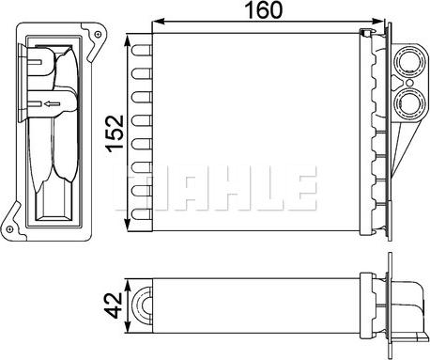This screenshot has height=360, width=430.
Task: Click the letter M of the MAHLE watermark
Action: [x=134, y=186]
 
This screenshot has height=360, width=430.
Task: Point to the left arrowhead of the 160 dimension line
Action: [x=156, y=22]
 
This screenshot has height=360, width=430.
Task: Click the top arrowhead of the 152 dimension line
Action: [x=131, y=39]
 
